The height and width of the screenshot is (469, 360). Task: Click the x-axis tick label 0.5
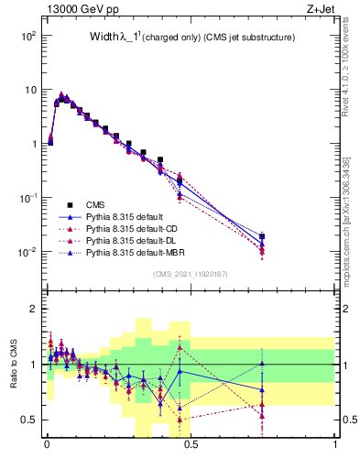(x=191, y=448)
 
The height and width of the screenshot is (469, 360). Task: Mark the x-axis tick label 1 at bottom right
(x=334, y=448)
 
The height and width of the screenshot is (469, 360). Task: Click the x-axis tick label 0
(x=47, y=448)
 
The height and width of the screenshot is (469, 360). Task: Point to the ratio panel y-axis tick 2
(x=34, y=310)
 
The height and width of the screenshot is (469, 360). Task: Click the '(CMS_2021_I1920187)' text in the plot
(x=191, y=273)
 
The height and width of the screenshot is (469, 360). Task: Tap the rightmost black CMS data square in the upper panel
(x=262, y=236)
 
